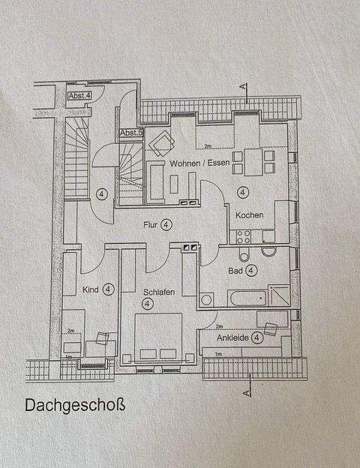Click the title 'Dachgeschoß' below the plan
click(74, 405)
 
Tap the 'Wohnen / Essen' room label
click(198, 163)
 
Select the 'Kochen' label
click(249, 215)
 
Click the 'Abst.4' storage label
click(79, 96)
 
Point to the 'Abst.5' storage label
click(130, 133)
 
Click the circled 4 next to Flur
click(166, 223)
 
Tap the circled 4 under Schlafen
click(148, 303)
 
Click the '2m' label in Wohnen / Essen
click(208, 145)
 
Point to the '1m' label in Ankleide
click(218, 352)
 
